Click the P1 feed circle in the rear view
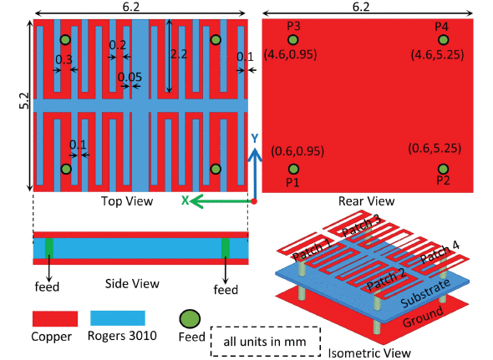[x=293, y=170]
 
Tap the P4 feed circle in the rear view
[x=444, y=40]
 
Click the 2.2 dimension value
[x=179, y=54]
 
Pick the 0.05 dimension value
[x=130, y=77]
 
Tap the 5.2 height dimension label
[x=24, y=101]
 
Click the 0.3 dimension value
[x=64, y=59]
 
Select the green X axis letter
[x=185, y=200]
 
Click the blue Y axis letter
[x=254, y=139]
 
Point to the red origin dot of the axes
[x=254, y=201]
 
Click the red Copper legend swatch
[x=55, y=318]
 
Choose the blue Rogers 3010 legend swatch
[x=118, y=318]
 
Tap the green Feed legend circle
[x=190, y=319]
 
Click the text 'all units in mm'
[x=265, y=342]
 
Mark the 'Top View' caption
[x=127, y=201]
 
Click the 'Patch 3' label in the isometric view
[x=361, y=226]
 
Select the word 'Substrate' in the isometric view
[x=425, y=293]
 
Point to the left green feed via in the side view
[x=49, y=248]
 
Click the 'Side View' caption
[x=132, y=284]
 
